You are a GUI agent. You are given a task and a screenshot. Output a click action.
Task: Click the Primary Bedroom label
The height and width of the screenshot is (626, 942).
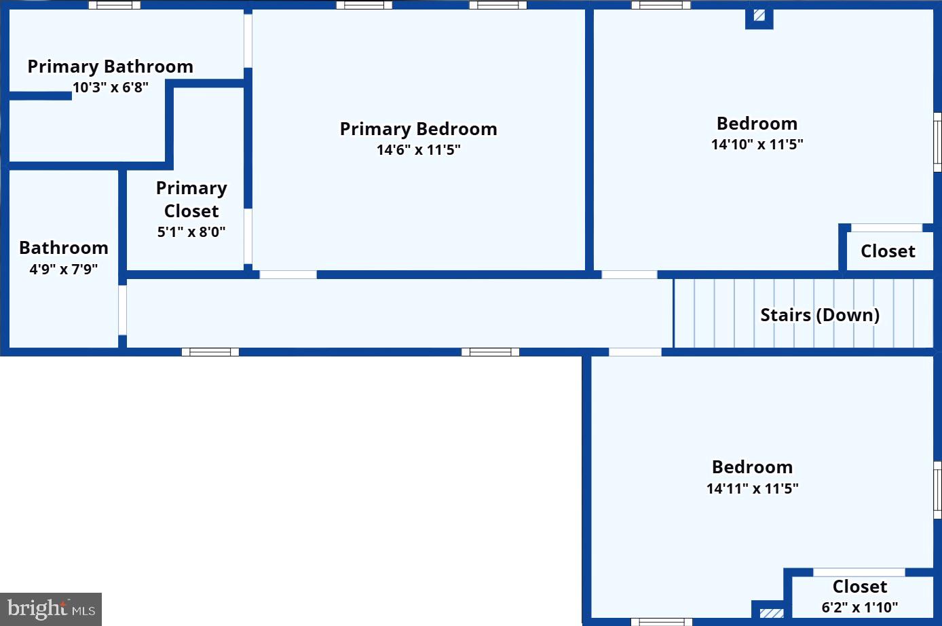point(419,129)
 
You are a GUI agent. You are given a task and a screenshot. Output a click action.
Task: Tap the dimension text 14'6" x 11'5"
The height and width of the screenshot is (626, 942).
point(419,150)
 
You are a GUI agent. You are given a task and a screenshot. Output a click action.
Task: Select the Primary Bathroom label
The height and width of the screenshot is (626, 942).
point(110,67)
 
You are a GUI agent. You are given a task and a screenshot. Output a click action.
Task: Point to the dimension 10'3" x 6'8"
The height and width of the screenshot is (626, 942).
point(110,88)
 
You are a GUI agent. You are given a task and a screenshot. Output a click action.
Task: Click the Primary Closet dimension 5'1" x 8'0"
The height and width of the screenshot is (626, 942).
point(191,232)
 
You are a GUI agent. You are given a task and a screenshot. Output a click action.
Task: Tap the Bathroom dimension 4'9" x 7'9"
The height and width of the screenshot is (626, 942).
point(64,269)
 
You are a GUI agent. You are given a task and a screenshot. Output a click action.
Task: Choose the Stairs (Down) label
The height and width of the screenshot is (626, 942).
point(820,315)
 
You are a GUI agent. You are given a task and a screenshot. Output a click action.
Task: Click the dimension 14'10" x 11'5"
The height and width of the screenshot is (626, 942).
point(757,145)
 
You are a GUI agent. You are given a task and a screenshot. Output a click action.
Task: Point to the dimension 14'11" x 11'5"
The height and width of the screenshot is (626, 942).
point(753,488)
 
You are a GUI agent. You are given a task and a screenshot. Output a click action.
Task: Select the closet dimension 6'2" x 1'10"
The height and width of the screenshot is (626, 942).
point(860,607)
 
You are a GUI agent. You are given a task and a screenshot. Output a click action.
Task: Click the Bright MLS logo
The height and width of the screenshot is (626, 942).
point(51,609)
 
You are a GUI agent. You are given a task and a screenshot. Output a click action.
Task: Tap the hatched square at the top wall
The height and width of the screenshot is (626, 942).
point(759,16)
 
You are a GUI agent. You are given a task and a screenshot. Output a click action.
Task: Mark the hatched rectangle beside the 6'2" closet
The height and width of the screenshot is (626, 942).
point(772,613)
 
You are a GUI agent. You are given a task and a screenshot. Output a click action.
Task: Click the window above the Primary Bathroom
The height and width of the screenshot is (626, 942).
point(115,5)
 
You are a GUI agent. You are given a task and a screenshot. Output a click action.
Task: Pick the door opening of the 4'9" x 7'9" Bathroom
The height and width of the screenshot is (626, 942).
point(122,310)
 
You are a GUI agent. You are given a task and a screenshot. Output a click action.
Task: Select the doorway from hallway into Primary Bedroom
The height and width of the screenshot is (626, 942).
point(288,275)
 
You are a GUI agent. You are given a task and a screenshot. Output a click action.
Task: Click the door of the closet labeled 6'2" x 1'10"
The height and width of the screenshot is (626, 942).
point(859,572)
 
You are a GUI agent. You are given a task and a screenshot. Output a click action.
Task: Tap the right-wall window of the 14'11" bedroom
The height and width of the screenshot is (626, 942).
point(938,490)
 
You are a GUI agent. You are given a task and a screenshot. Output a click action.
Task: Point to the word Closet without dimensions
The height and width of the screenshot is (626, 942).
point(888,251)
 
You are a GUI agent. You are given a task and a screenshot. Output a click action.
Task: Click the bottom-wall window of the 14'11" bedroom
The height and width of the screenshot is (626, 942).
point(662,622)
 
